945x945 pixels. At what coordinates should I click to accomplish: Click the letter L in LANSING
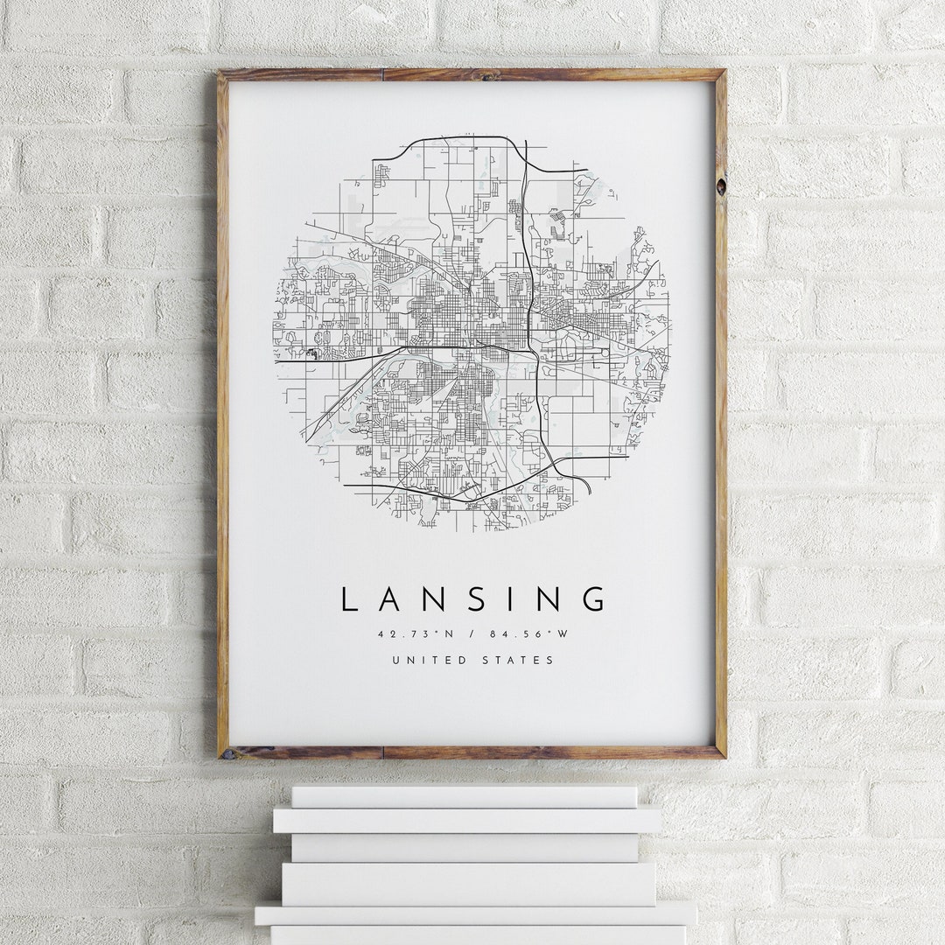(348, 599)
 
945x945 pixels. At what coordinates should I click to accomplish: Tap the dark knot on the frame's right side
(720, 186)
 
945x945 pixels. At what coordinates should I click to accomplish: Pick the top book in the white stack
(464, 796)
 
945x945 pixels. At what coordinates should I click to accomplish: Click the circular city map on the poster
(472, 332)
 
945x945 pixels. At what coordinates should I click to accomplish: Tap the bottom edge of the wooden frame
(472, 752)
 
